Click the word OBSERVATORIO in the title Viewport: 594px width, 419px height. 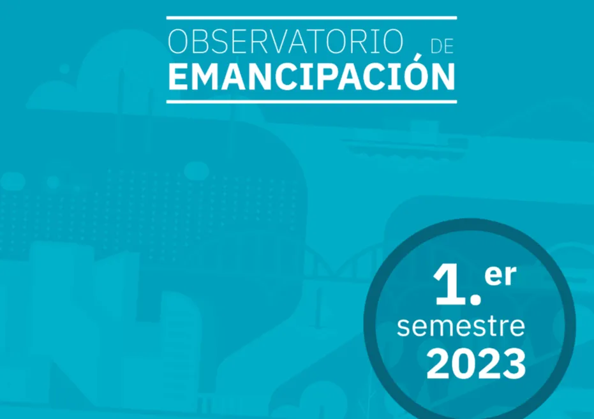point(285,43)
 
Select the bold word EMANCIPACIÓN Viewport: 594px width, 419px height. point(311,76)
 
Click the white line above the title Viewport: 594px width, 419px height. point(311,18)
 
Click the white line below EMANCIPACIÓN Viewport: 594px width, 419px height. point(311,101)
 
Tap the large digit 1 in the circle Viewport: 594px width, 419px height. point(450,284)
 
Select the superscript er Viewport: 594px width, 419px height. point(500,276)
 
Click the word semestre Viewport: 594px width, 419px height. point(461,327)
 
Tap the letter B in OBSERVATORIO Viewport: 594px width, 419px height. point(202,43)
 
